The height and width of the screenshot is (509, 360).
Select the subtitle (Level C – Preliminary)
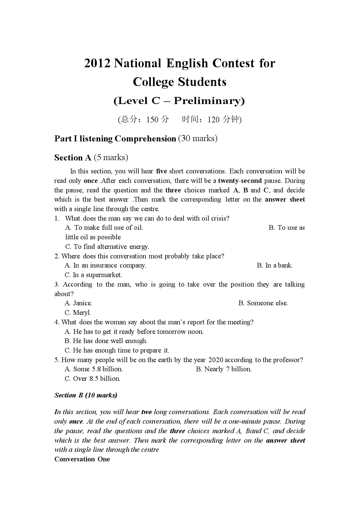tap(179, 101)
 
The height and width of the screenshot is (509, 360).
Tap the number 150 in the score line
tap(152, 120)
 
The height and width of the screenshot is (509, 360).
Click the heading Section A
tap(73, 158)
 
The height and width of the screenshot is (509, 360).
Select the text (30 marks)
tap(198, 139)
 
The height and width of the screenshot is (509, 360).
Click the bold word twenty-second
tap(240, 181)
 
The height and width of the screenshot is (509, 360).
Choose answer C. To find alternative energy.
tap(107, 247)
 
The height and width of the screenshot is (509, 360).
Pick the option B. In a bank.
tap(275, 266)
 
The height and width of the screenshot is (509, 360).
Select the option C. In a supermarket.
tap(93, 275)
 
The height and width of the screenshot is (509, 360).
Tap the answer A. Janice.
tap(78, 303)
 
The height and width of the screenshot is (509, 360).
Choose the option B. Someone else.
tap(263, 303)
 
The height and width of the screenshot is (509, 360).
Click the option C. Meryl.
tap(78, 312)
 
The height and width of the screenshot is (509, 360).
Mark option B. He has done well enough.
tap(106, 341)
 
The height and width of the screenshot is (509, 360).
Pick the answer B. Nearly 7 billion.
tap(224, 369)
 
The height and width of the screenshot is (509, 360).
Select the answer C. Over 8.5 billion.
tap(92, 378)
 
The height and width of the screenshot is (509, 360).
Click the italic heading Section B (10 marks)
tap(86, 395)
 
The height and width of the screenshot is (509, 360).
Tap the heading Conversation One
tap(82, 459)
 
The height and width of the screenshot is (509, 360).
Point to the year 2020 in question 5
tap(216, 360)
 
